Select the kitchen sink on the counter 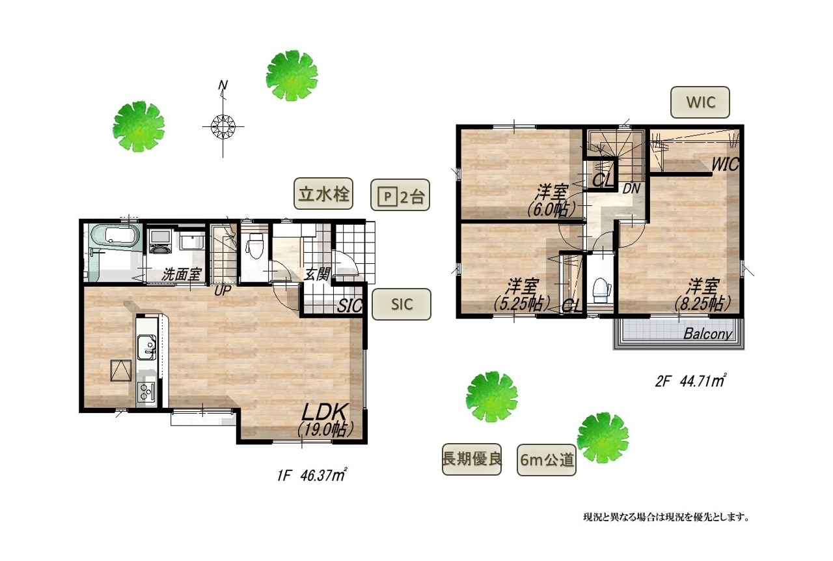146,347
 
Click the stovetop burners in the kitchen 146,392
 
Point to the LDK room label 325,412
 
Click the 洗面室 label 181,275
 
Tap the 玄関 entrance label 317,275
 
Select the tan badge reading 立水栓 323,194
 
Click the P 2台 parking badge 400,195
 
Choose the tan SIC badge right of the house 402,304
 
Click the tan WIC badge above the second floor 700,102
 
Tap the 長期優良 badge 472,459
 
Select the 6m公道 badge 547,460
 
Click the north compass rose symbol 223,126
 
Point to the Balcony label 707,334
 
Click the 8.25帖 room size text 703,304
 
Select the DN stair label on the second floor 631,189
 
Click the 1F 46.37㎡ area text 312,475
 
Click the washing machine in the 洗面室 160,241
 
